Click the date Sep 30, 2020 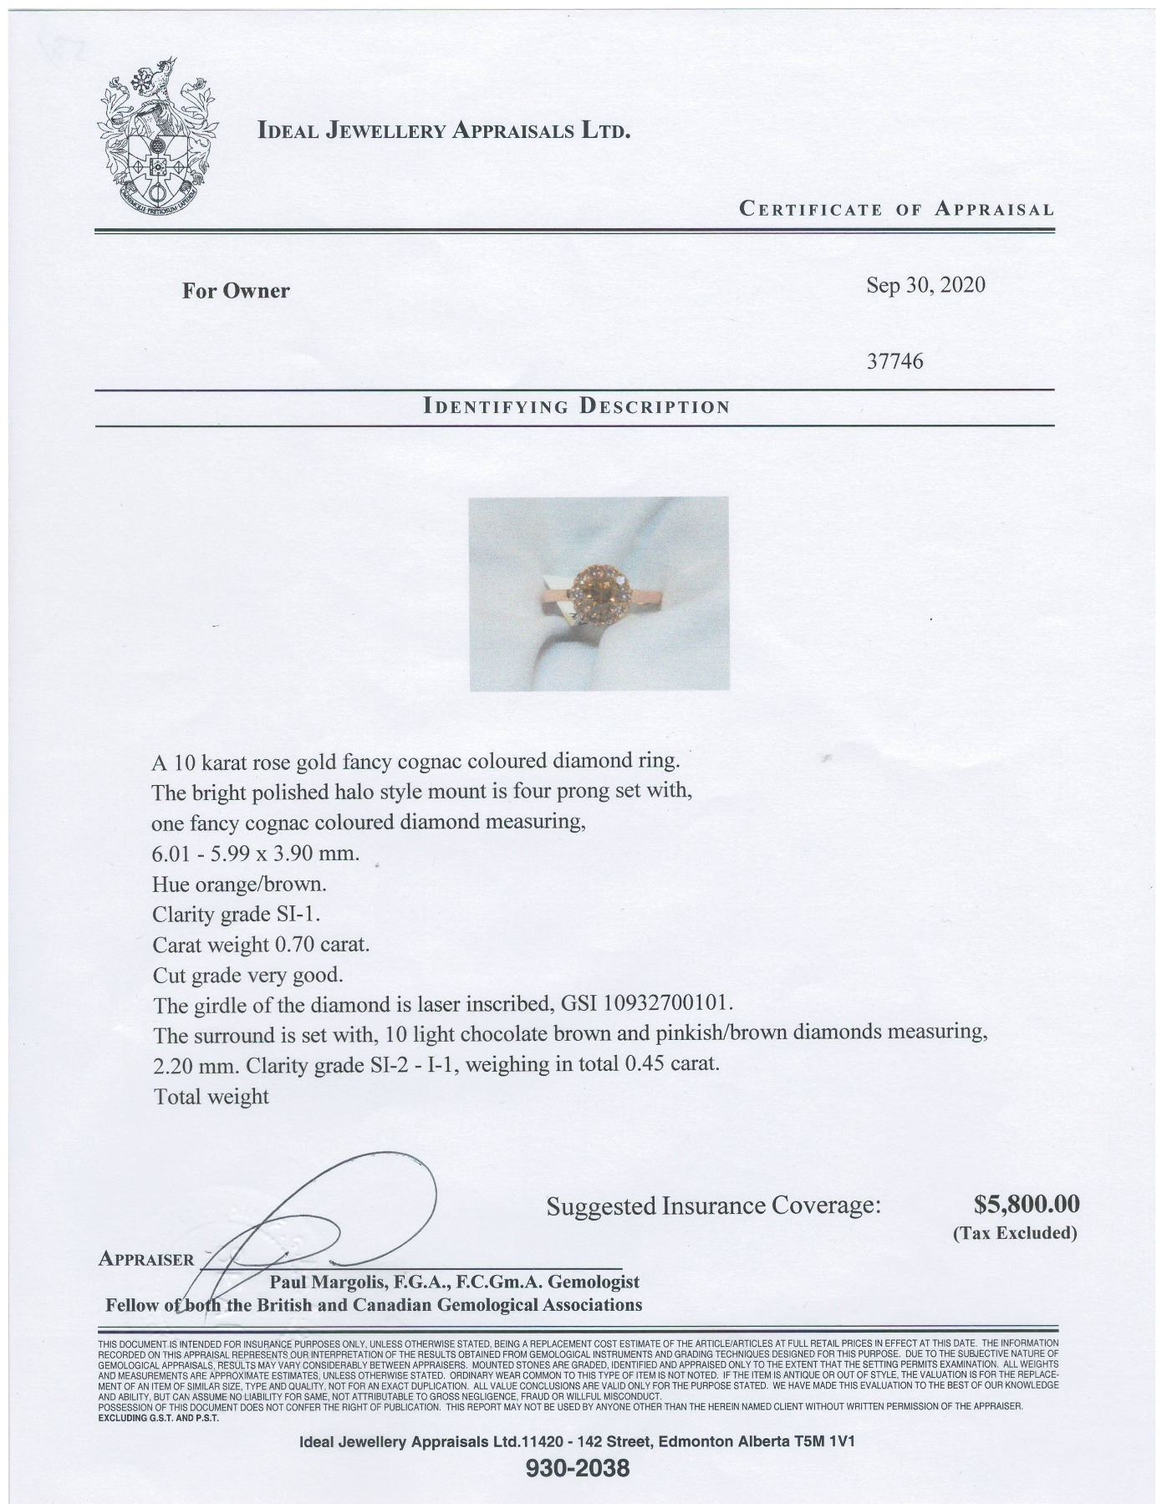[x=925, y=286]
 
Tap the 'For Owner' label [x=236, y=291]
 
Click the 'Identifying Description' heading [x=577, y=407]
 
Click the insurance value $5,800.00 [x=1027, y=1204]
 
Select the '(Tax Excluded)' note [x=1015, y=1233]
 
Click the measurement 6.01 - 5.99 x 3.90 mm [x=256, y=854]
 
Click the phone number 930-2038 [x=578, y=1468]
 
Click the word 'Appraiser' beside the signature [x=145, y=1259]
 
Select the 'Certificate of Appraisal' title [x=896, y=209]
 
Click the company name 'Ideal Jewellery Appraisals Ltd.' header [x=444, y=130]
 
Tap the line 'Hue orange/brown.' [x=240, y=884]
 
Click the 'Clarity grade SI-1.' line [x=237, y=915]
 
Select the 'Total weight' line [x=211, y=1097]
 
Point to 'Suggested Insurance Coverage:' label [x=713, y=1206]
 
